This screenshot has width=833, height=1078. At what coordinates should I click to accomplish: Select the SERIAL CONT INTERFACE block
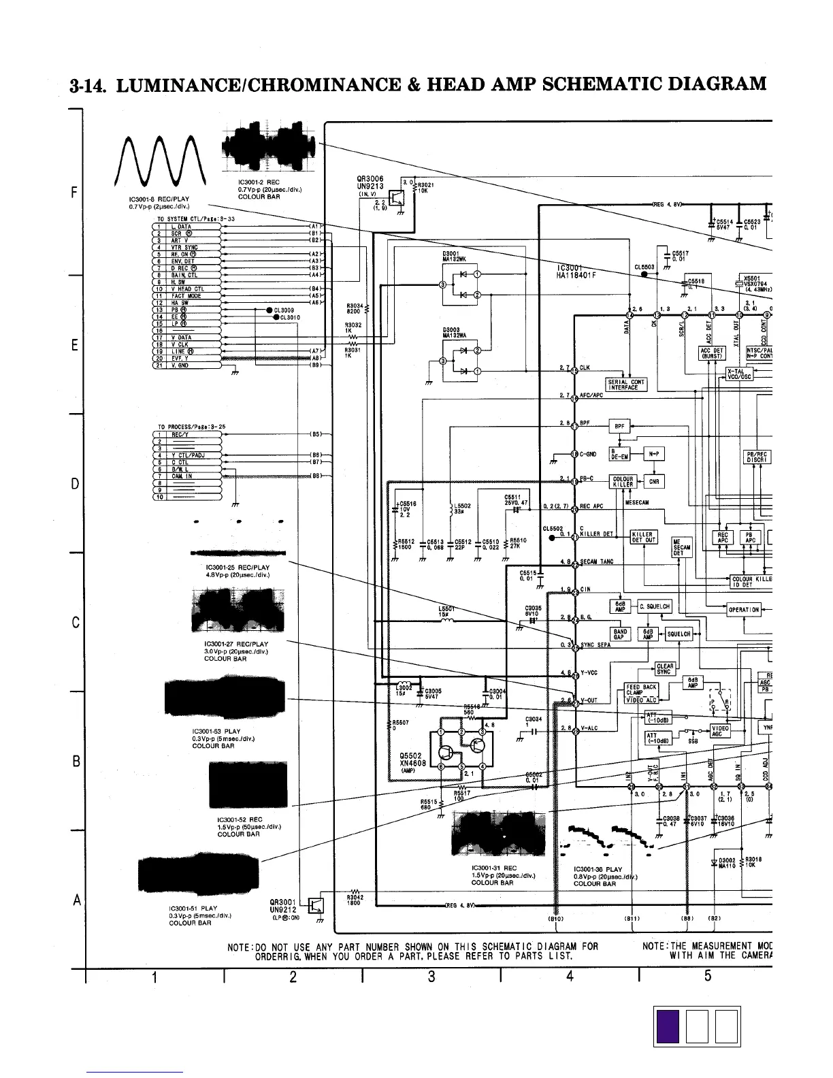[626, 385]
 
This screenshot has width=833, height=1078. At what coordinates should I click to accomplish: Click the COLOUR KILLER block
[623, 481]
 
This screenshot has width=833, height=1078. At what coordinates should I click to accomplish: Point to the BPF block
[619, 427]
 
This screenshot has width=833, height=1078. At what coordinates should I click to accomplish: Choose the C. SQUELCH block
[654, 606]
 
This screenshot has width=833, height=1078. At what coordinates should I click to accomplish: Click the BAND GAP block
[620, 634]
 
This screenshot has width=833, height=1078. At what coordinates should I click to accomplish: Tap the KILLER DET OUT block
[643, 537]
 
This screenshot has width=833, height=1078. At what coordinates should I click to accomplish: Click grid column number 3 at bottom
[431, 977]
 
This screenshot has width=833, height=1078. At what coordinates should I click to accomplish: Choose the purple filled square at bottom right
[668, 1026]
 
